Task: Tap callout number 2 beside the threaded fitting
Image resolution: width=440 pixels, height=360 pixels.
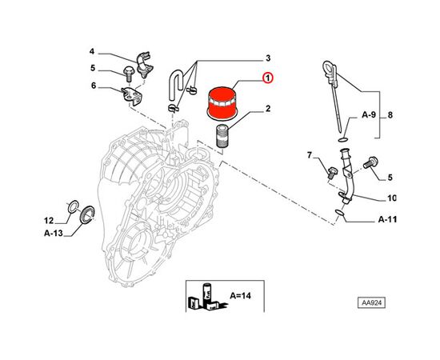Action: pyautogui.click(x=267, y=109)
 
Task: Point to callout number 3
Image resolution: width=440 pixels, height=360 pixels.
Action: pyautogui.click(x=268, y=58)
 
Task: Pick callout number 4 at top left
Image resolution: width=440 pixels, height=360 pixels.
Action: pyautogui.click(x=92, y=51)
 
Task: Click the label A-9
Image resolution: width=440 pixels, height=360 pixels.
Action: pyautogui.click(x=369, y=115)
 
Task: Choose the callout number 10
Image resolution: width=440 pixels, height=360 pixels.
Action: pyautogui.click(x=391, y=198)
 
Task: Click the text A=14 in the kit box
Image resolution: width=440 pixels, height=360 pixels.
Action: pyautogui.click(x=239, y=294)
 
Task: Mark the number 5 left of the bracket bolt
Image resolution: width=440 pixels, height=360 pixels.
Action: pyautogui.click(x=92, y=68)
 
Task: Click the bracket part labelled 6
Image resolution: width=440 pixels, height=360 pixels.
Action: pyautogui.click(x=130, y=97)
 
